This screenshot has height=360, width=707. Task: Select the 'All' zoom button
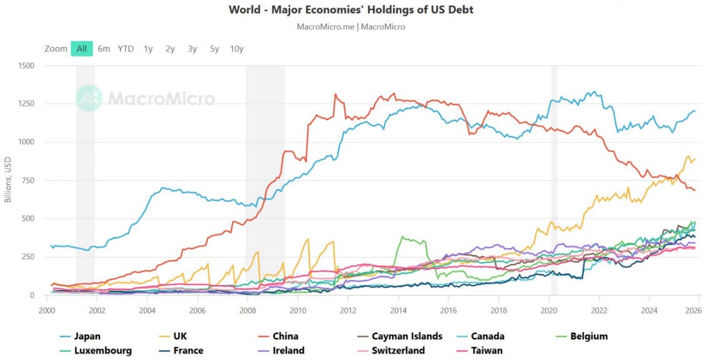[x=81, y=49]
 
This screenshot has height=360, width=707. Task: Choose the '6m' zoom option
[x=104, y=49]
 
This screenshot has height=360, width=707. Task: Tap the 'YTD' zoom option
[x=126, y=49]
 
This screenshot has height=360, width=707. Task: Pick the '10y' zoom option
[x=236, y=49]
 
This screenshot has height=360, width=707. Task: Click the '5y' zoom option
[x=214, y=49]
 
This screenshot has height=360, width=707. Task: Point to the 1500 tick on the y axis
[x=28, y=66]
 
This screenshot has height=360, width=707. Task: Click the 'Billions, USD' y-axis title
[x=8, y=180]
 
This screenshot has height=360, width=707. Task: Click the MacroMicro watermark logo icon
[x=89, y=98]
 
